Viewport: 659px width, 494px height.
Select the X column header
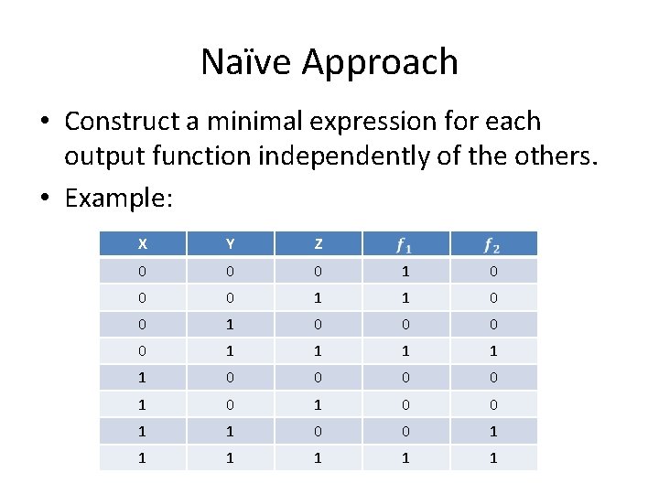click(x=143, y=244)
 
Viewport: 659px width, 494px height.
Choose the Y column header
click(x=230, y=244)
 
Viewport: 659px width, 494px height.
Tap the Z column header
click(x=318, y=244)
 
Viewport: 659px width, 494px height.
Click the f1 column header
click(x=405, y=244)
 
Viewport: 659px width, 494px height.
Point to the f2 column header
click(x=493, y=244)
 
